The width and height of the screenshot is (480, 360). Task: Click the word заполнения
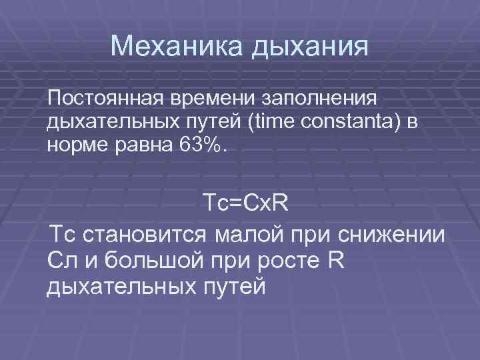(x=323, y=100)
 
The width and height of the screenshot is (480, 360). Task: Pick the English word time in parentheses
(x=251, y=122)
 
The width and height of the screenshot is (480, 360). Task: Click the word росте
(x=277, y=261)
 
